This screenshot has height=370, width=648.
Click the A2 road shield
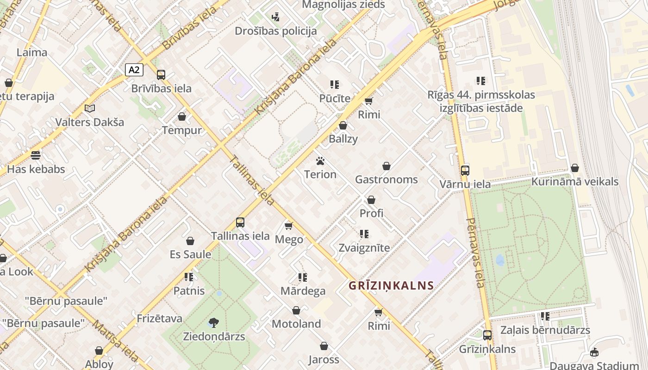[134, 70]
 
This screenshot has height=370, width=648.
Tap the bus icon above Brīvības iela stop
[161, 74]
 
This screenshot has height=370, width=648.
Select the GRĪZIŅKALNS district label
[391, 285]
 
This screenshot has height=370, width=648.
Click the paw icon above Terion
[320, 161]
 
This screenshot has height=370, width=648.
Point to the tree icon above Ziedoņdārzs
[214, 322]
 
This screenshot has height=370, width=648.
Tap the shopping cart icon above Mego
[289, 226]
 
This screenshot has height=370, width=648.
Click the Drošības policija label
[276, 31]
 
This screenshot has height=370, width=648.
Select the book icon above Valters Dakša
[90, 108]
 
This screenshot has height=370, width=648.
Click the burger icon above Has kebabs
[36, 155]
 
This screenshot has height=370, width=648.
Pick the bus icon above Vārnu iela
[465, 170]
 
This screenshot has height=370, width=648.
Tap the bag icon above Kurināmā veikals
[575, 168]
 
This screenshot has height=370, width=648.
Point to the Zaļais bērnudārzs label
[545, 330]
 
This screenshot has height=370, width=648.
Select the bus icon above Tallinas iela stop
[240, 222]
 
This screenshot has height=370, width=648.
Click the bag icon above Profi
[371, 200]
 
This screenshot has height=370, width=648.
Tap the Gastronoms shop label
[386, 179]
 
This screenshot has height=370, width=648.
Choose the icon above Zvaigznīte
[364, 234]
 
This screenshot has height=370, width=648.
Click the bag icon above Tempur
[182, 117]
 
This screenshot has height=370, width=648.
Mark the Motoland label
[296, 324]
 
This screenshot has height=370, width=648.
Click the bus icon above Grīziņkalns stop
[487, 335]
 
